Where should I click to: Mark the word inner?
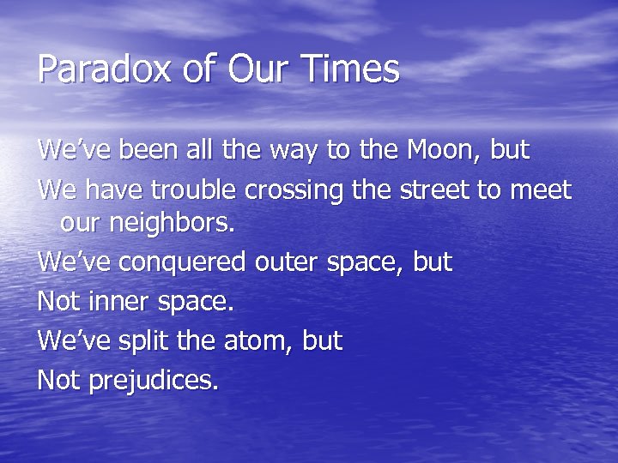tap(118, 302)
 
